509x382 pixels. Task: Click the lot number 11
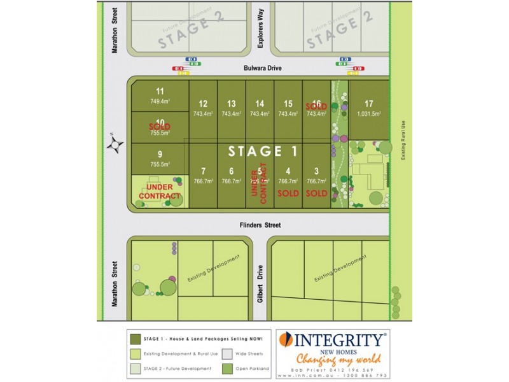(160, 91)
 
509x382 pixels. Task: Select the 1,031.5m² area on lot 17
(368, 114)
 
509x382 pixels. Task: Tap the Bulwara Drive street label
(261, 67)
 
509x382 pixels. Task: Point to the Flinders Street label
(260, 225)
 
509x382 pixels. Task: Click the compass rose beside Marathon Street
(115, 145)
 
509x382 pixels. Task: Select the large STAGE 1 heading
(263, 152)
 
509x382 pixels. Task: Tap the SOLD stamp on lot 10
(160, 127)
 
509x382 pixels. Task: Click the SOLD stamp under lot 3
(316, 193)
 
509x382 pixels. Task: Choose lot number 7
(203, 171)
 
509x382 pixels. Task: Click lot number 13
(231, 104)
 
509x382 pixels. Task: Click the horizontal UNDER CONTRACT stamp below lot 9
(160, 191)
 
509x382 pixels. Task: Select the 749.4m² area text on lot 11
(160, 101)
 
